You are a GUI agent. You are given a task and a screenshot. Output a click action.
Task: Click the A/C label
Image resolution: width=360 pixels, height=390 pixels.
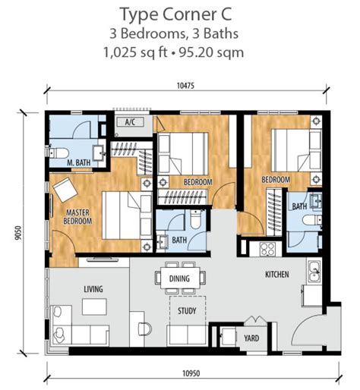129,121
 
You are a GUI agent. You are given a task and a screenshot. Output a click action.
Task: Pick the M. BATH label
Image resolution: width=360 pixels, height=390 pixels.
78,162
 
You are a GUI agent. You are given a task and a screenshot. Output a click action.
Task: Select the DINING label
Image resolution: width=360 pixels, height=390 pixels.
180,278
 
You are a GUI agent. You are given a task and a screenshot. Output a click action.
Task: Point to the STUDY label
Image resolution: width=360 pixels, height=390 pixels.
188,311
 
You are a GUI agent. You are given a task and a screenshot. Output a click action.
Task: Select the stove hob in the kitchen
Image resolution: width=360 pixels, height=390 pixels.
268,248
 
